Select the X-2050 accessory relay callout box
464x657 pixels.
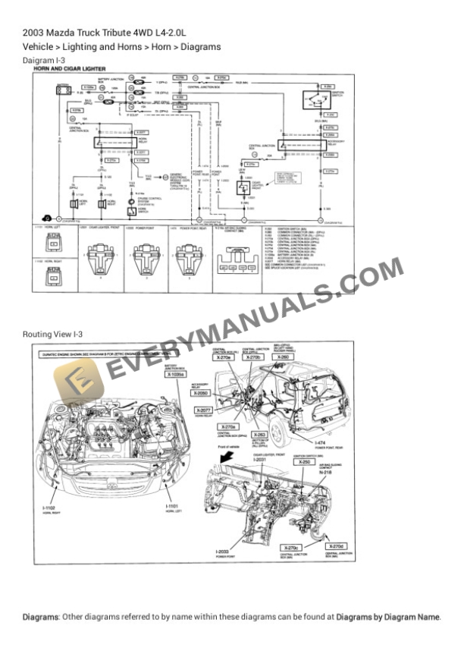(x=200, y=394)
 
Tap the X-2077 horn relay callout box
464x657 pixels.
(x=204, y=410)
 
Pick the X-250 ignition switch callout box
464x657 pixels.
(x=304, y=461)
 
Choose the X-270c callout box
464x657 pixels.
(x=290, y=547)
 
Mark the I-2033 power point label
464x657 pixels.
(x=226, y=552)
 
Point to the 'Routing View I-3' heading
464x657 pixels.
(x=52, y=334)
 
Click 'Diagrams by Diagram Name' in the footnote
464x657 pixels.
(x=387, y=617)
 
